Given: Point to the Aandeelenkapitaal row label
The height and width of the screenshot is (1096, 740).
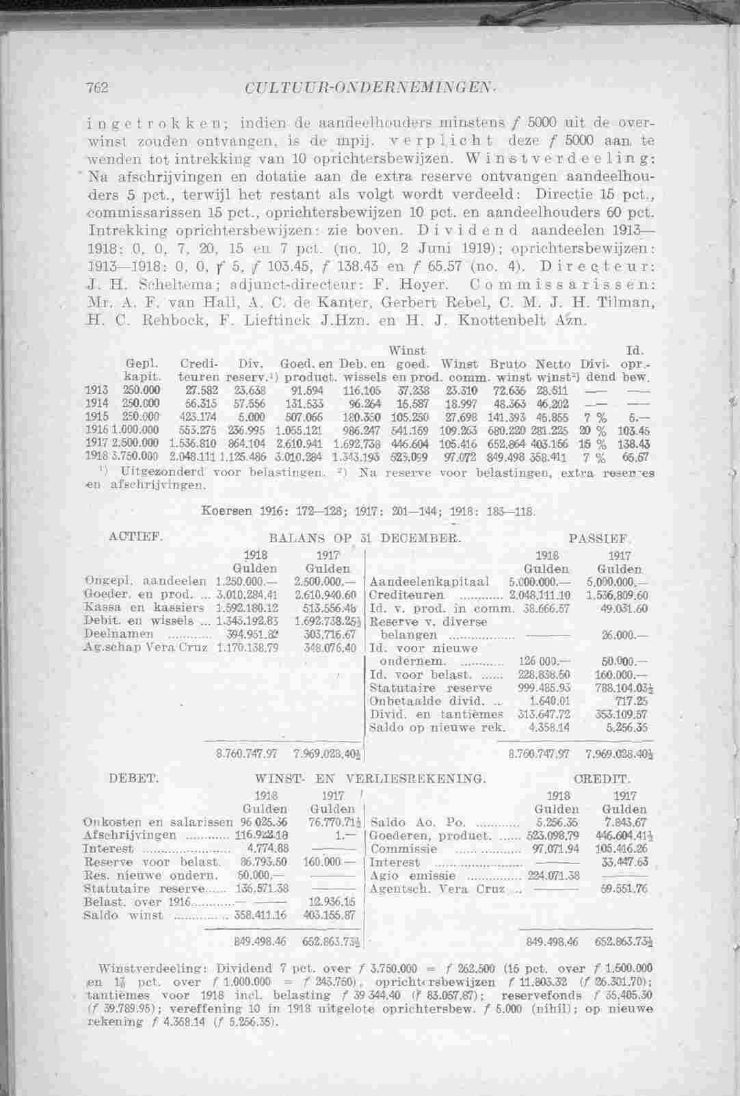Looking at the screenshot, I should [x=430, y=582].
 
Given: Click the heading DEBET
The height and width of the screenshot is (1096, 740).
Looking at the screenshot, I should [x=135, y=778].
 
